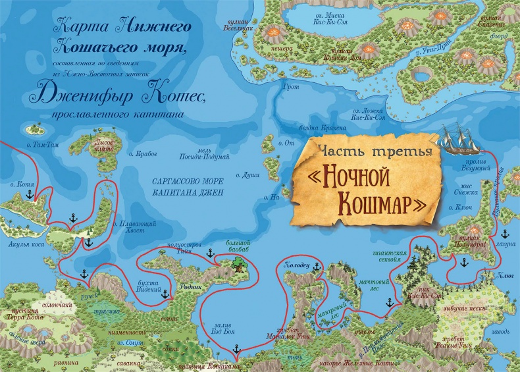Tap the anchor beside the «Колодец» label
(316, 266)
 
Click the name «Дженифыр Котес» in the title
(118, 97)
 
